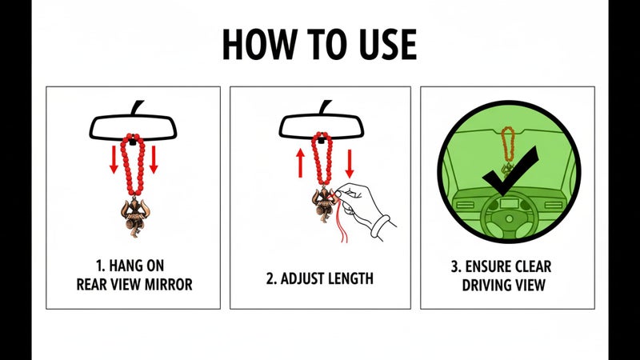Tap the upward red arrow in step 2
(x=301, y=163)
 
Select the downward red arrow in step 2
(x=349, y=163)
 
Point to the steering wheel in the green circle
(x=509, y=218)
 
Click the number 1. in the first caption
(x=101, y=266)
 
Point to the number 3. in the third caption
(x=456, y=266)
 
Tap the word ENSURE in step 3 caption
(x=487, y=266)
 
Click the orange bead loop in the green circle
(x=507, y=144)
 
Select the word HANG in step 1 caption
(x=123, y=266)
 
